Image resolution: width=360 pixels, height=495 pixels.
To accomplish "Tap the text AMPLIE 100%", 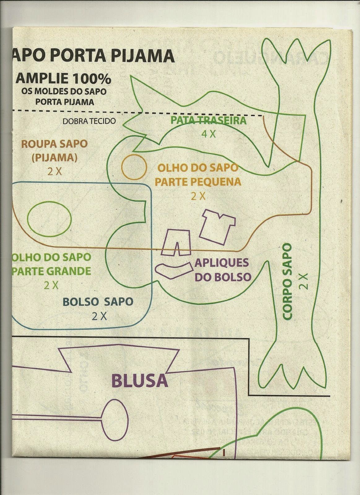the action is (63, 79).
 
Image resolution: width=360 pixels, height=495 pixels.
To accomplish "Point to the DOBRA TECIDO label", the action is (89, 121).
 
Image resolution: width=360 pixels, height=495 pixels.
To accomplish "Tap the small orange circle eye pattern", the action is (134, 167).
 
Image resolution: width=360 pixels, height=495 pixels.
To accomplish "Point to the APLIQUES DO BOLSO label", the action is (222, 269).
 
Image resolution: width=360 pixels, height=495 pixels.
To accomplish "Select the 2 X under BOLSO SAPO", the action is (99, 316).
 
